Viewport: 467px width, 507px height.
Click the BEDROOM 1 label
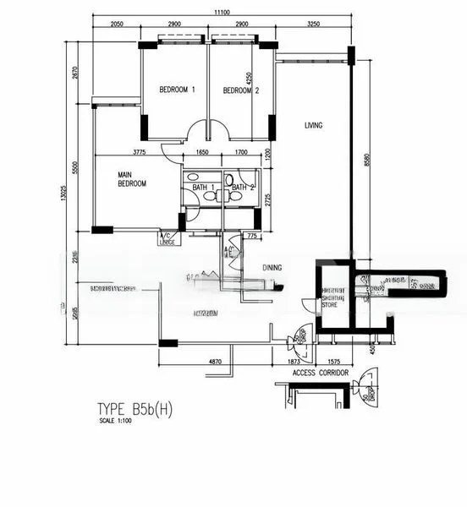[x=178, y=90]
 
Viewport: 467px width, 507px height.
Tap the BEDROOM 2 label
[x=241, y=90]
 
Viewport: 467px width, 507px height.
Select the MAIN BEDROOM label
[x=132, y=179]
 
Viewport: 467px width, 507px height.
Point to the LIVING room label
[x=314, y=126]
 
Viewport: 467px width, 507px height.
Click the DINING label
[x=272, y=268]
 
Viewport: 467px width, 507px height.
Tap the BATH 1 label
[x=201, y=187]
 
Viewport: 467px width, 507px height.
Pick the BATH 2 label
[x=242, y=187]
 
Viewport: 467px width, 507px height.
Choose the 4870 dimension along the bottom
[x=216, y=362]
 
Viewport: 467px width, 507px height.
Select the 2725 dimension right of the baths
[x=267, y=200]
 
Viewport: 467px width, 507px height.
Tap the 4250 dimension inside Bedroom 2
[x=248, y=81]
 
